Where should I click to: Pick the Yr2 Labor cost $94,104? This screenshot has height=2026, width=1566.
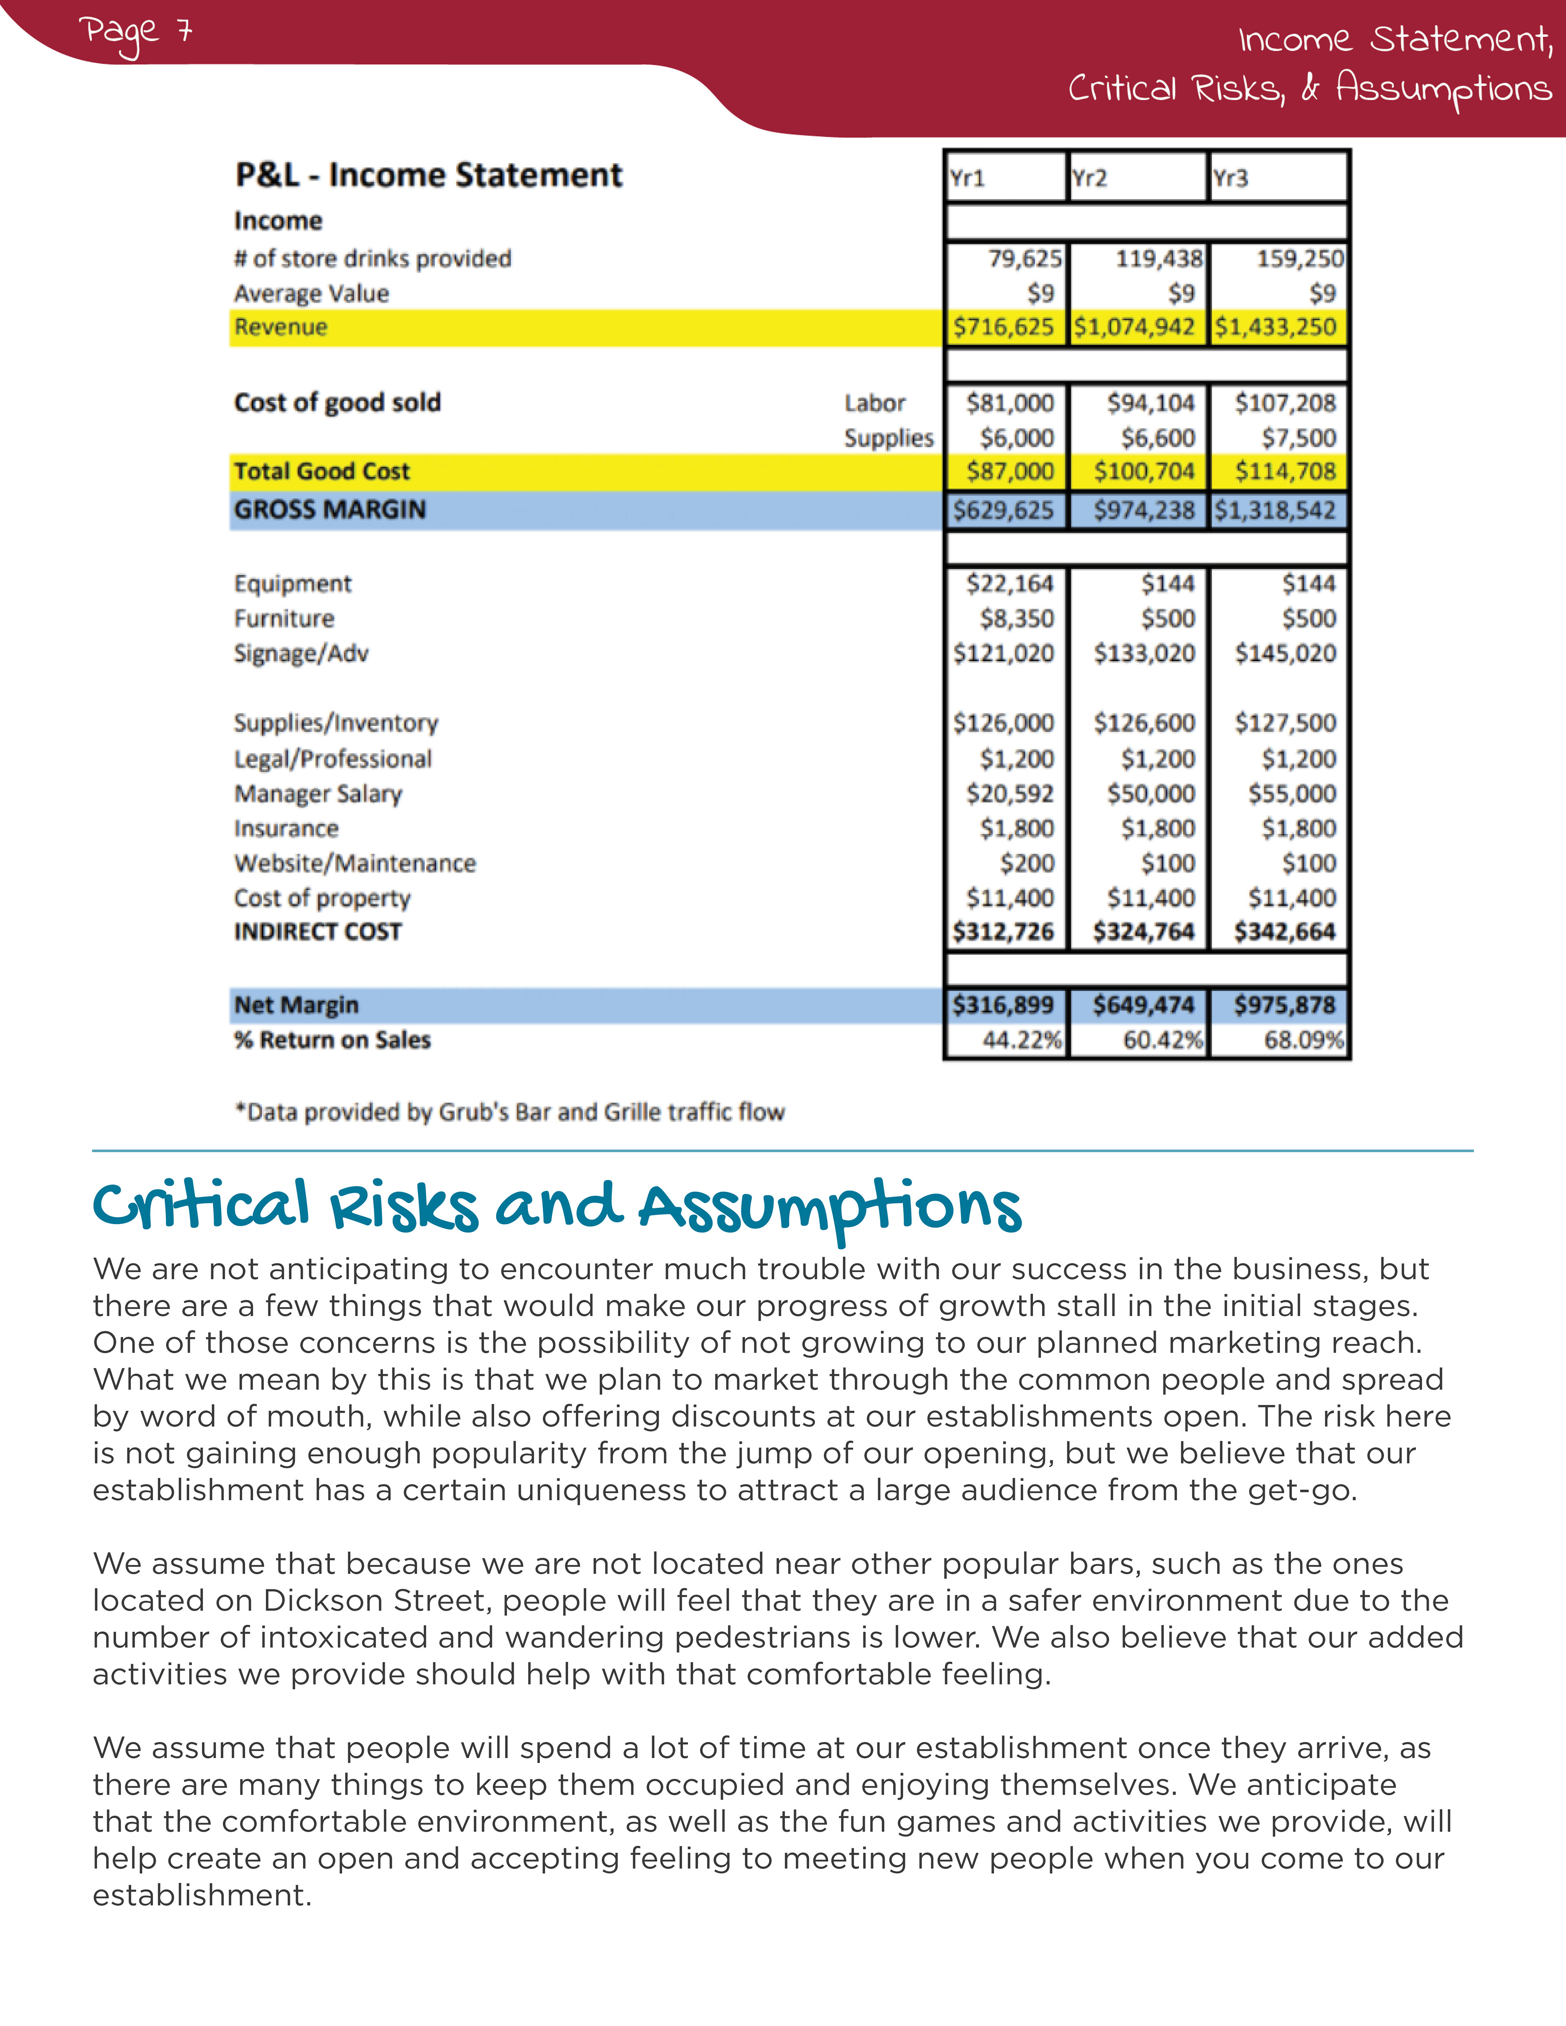(1150, 402)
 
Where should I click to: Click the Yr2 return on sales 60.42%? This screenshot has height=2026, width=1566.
(1162, 1040)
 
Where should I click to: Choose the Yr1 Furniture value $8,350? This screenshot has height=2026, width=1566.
(1017, 619)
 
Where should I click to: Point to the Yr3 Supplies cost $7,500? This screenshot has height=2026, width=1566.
(1299, 438)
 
